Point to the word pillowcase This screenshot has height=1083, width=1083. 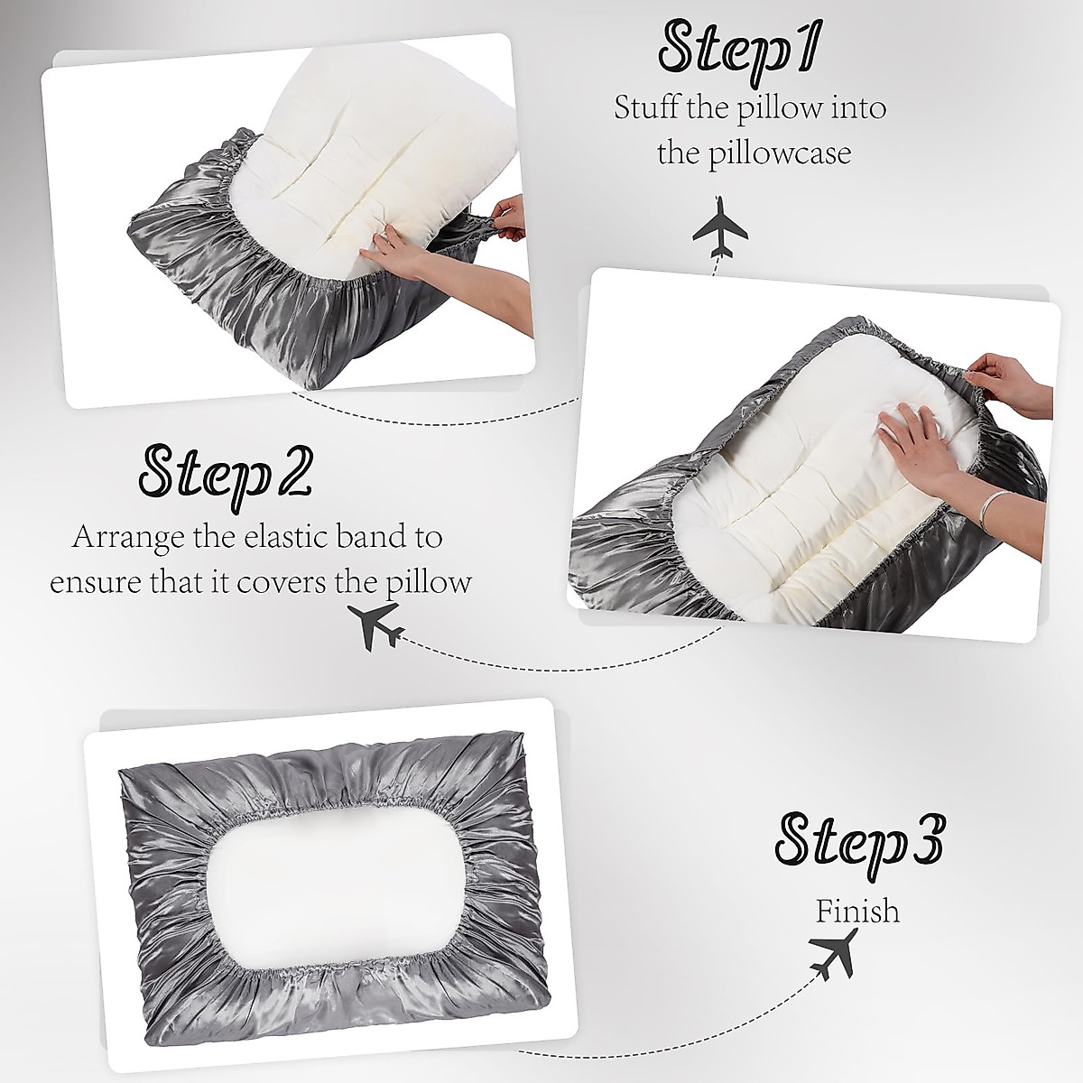tap(777, 153)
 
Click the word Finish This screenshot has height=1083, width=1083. tap(857, 911)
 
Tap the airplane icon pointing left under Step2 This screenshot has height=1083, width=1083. tap(375, 626)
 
